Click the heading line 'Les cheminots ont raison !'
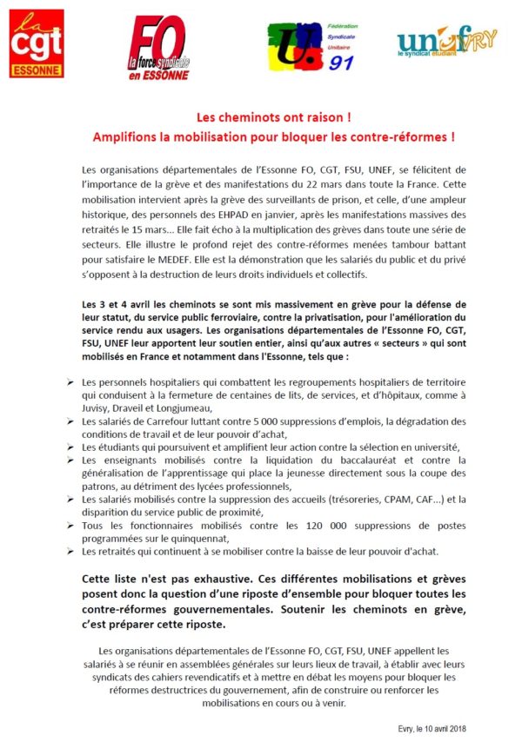tap(261, 119)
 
